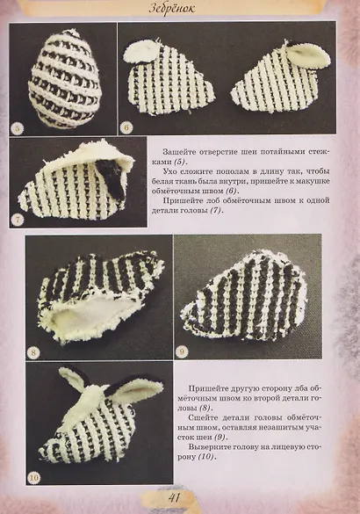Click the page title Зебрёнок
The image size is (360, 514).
click(179, 9)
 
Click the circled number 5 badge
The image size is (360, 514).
click(18, 127)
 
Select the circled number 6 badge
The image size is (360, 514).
click(126, 127)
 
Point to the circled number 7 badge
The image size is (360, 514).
click(18, 218)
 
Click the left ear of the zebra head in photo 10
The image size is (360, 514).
click(76, 380)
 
